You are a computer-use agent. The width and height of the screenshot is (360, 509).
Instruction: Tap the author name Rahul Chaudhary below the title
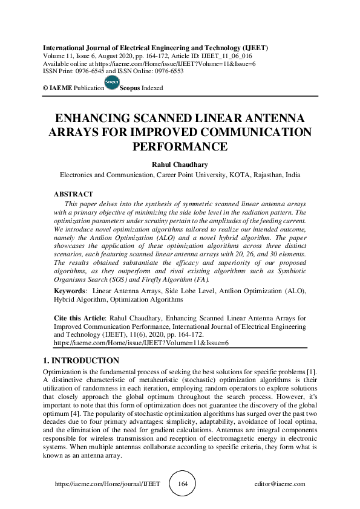coord(179,163)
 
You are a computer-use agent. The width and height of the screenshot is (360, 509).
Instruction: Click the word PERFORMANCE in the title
coord(180,146)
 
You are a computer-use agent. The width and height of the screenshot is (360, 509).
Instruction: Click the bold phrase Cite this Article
coord(71,317)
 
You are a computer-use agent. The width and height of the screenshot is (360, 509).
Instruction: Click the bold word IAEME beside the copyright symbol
coord(62,88)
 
